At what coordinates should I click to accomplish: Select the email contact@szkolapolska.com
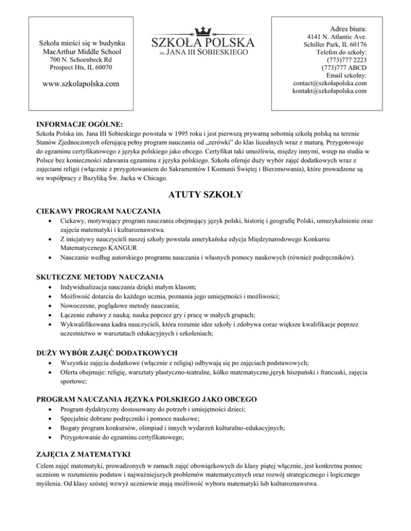(x=330, y=83)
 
